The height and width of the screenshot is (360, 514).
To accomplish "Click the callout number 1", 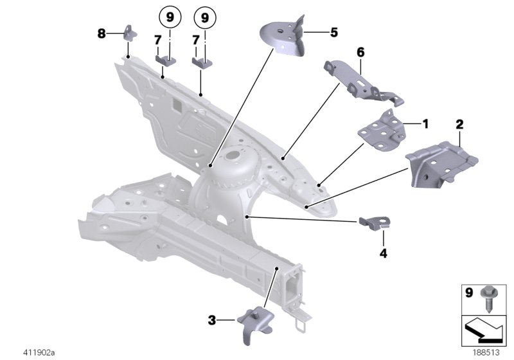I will [x=425, y=122].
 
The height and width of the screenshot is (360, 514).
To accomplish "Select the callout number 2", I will [x=460, y=122].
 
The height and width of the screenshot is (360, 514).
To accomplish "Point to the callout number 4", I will [x=384, y=253].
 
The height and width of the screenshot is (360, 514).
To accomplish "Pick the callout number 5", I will [x=333, y=31].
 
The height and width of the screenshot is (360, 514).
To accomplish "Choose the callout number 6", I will [x=360, y=51].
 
